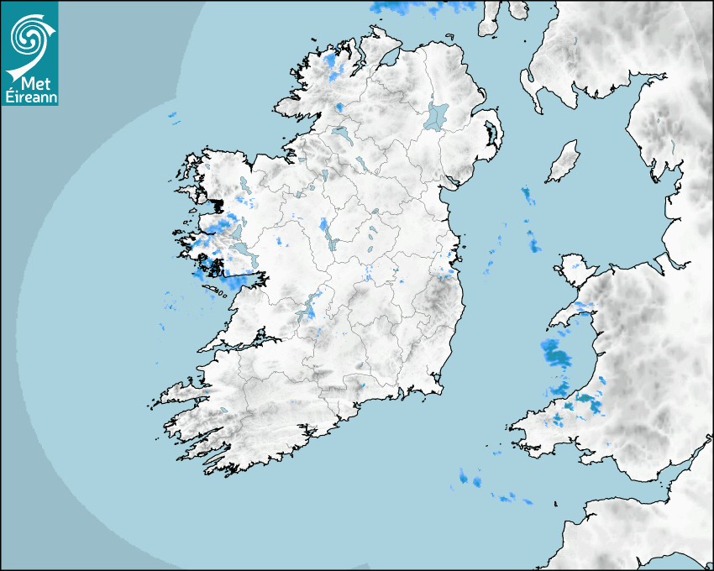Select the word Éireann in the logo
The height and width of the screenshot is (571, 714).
tap(29, 97)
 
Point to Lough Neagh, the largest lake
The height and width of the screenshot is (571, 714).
tap(437, 115)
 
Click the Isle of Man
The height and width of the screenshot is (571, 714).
tap(563, 162)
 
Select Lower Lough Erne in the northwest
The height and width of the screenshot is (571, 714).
tap(342, 134)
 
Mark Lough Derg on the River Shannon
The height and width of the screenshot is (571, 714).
tap(309, 304)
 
